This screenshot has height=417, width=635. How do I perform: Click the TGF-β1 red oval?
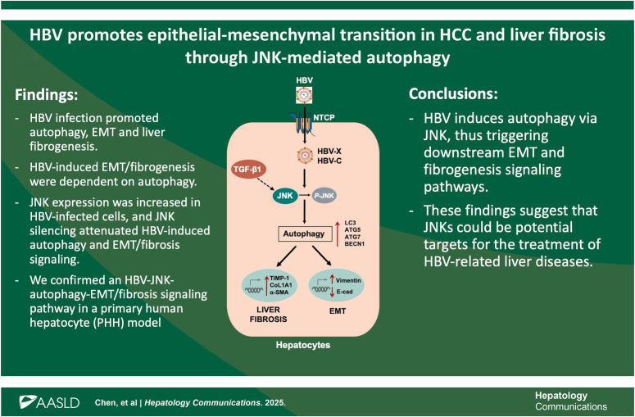(247, 170)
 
